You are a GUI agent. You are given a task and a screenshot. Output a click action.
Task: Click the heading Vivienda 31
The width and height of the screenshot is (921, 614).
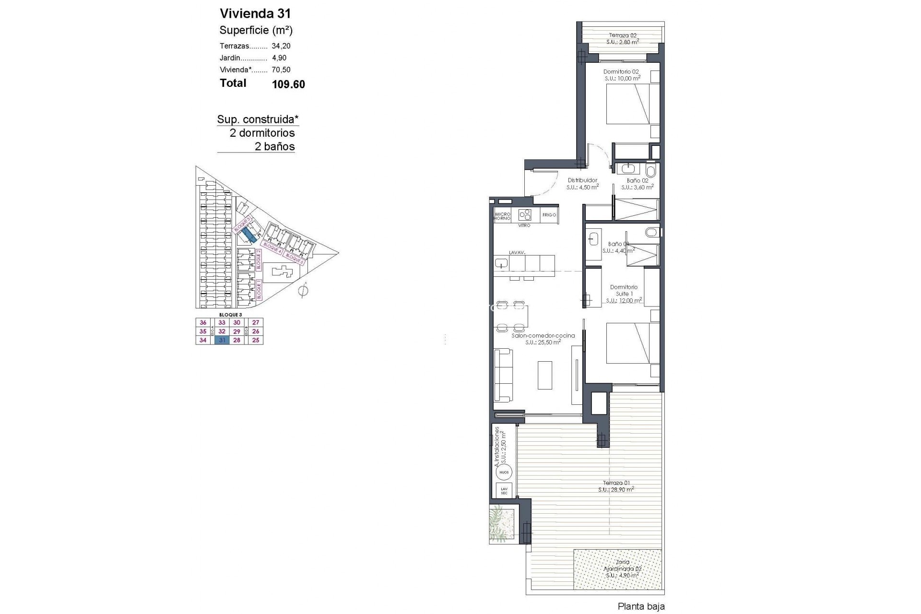(255, 13)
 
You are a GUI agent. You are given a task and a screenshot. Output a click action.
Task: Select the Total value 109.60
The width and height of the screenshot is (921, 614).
(288, 84)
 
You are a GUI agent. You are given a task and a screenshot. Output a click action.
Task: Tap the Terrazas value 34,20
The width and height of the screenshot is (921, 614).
(281, 46)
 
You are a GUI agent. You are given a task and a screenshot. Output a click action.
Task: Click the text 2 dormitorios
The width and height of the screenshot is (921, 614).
(262, 133)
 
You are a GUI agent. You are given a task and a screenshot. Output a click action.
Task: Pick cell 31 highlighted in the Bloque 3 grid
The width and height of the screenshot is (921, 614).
(222, 340)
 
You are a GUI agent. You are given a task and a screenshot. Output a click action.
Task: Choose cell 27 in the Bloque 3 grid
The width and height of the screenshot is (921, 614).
(255, 323)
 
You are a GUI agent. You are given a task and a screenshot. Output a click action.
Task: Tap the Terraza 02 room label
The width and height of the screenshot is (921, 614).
(623, 35)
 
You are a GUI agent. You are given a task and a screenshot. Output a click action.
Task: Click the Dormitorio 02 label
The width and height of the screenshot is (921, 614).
(621, 71)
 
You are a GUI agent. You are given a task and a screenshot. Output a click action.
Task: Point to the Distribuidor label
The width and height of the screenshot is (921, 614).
(582, 180)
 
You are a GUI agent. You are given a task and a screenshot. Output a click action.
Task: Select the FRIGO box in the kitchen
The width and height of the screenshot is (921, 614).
(549, 215)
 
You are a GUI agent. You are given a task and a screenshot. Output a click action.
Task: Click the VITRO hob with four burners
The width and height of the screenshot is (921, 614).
(525, 214)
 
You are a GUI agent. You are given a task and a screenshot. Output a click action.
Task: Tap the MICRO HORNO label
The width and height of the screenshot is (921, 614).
(502, 216)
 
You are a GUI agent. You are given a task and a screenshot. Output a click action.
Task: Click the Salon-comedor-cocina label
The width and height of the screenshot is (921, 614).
(543, 336)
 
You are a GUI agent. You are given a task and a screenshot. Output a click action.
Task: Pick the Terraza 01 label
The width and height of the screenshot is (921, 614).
(616, 483)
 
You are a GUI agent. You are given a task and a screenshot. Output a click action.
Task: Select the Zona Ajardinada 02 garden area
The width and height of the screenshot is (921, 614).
(622, 569)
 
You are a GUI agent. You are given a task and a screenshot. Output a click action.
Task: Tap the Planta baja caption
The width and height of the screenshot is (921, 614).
(641, 607)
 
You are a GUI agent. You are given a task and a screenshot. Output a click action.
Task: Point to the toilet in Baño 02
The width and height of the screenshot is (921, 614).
(651, 171)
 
